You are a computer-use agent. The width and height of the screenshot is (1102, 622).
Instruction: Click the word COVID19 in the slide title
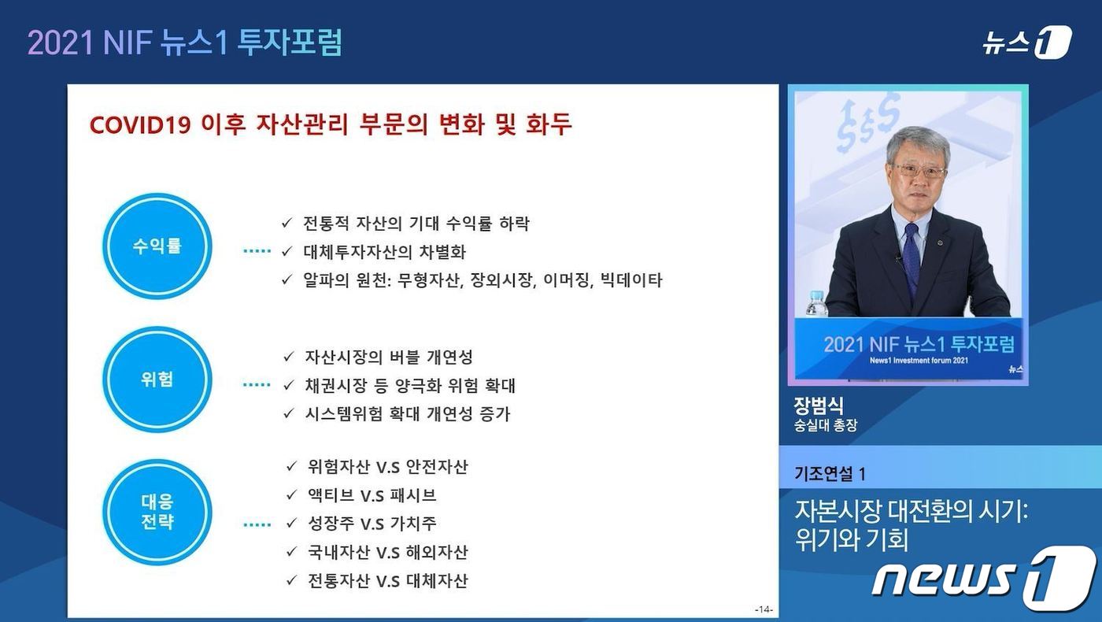click(140, 125)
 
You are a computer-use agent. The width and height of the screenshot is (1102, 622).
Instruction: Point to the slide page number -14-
click(764, 609)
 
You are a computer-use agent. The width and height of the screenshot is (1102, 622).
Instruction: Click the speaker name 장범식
click(819, 405)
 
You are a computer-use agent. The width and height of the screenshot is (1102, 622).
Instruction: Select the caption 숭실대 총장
click(826, 425)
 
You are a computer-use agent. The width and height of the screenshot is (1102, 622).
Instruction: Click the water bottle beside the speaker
click(817, 303)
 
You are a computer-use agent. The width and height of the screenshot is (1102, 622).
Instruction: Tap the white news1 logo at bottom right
click(984, 579)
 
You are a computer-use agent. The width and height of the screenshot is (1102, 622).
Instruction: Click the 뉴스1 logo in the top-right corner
click(1026, 43)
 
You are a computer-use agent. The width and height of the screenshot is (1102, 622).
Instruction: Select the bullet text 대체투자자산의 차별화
click(384, 253)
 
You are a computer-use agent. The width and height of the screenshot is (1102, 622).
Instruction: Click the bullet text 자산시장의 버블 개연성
click(389, 357)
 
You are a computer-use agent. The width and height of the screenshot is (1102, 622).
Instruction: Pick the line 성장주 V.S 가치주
click(372, 524)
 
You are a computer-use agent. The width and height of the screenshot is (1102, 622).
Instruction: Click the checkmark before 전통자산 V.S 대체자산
click(292, 581)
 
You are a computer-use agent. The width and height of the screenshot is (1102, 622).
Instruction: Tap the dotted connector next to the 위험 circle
click(257, 385)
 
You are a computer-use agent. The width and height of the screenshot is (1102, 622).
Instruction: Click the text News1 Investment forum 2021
click(919, 361)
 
